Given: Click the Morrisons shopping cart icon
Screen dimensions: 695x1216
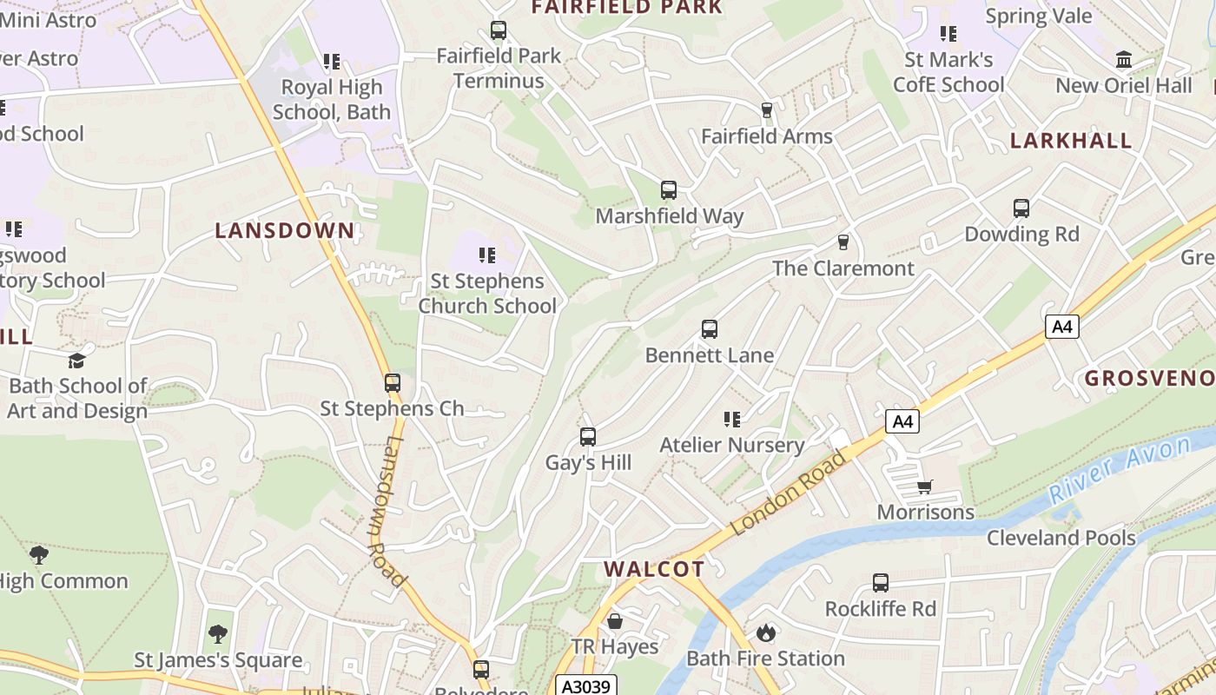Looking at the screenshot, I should (925, 486).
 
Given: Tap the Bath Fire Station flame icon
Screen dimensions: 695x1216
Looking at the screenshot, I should (765, 632).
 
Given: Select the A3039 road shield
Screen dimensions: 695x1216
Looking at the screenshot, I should (586, 685).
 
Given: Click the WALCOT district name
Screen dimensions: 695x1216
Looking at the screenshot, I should (654, 569).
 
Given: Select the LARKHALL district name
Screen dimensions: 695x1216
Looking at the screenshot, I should (1071, 141).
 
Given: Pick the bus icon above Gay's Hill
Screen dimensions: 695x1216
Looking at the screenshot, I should (588, 437).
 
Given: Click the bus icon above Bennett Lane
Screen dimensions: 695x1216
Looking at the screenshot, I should (710, 329).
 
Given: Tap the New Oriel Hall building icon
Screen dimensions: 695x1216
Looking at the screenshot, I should (1124, 60).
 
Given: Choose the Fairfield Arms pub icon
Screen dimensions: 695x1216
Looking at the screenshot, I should (766, 110).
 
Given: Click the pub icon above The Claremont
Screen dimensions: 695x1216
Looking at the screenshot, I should (843, 242).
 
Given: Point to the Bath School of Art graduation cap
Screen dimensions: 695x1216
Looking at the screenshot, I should (77, 361).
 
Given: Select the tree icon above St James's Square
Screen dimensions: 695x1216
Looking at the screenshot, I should (218, 634).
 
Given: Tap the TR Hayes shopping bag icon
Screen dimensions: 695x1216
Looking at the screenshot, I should (615, 621).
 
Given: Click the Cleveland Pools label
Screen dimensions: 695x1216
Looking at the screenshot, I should (1061, 538).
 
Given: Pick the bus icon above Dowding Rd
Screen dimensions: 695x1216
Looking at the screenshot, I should (1021, 208).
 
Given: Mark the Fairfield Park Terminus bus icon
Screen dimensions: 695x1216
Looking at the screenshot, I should (499, 30).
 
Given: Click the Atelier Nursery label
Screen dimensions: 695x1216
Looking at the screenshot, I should (732, 446).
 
